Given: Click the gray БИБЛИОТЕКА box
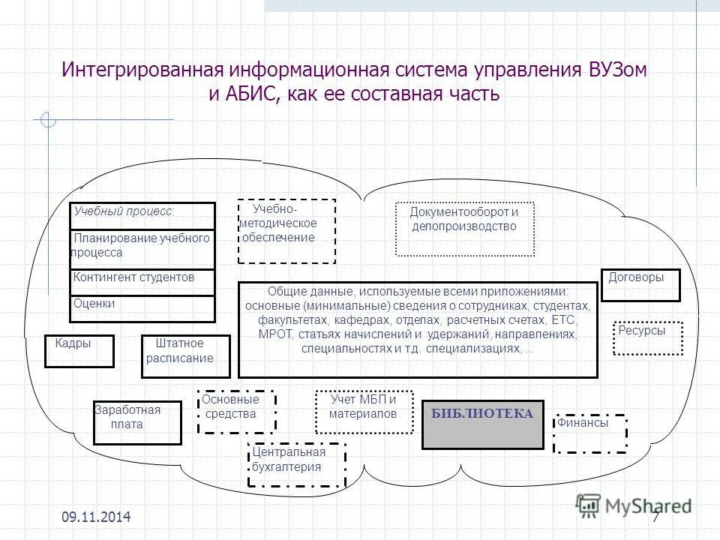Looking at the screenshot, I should pos(482,424).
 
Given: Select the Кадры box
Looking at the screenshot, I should pos(79,351).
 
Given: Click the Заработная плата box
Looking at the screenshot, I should pos(137,422).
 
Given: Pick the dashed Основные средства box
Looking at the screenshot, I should pos(236,411).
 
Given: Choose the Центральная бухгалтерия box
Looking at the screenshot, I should pos(296,464).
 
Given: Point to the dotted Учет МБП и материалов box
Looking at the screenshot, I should pos(364,412).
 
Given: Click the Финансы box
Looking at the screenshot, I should pos(589,433).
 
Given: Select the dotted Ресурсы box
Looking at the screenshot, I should pos(647,337).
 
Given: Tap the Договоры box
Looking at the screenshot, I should pos(640,285).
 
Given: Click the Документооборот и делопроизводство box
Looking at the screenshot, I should pos(464,228).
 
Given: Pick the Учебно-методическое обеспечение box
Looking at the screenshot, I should pos(286,231).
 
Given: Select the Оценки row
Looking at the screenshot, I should pos(142,308).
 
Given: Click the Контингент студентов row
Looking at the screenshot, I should pos(142,280).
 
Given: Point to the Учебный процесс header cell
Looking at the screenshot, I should pos(142,215).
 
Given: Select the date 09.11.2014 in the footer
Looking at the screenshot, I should pos(96,517).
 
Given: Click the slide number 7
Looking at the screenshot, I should pos(655,517).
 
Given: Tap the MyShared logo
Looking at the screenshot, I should pos(634,505).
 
